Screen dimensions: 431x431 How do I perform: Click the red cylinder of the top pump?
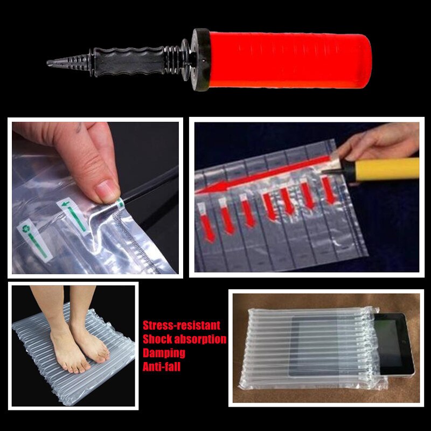[288, 59]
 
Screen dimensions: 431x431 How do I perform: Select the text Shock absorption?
[184, 339]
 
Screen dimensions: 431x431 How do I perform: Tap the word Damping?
[164, 353]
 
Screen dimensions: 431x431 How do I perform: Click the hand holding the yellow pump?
[377, 143]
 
